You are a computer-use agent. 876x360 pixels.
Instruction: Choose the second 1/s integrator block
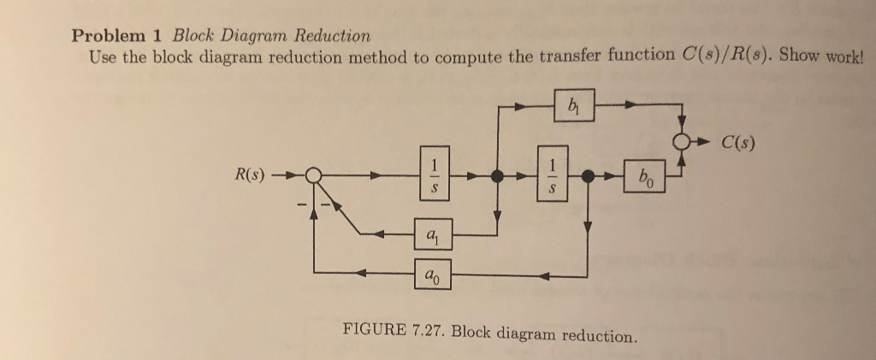553,178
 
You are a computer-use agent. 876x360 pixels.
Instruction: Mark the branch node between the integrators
496,178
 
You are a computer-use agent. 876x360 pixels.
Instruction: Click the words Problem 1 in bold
118,36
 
